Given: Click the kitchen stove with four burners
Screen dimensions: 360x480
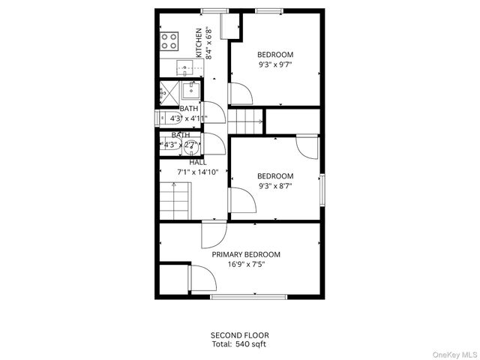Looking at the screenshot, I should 169,40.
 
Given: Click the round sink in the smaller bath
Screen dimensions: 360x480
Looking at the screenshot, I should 190,146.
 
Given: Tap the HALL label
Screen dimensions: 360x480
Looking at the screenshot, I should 198,162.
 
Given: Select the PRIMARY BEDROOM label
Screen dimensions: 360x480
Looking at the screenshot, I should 246,254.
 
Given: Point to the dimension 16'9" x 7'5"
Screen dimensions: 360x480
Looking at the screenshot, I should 246,264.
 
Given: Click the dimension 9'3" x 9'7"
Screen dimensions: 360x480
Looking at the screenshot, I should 275,64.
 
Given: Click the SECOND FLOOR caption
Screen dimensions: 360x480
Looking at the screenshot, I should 239,335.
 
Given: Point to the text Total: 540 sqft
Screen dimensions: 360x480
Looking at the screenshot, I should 239,344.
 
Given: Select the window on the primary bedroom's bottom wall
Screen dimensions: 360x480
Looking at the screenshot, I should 247,297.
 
